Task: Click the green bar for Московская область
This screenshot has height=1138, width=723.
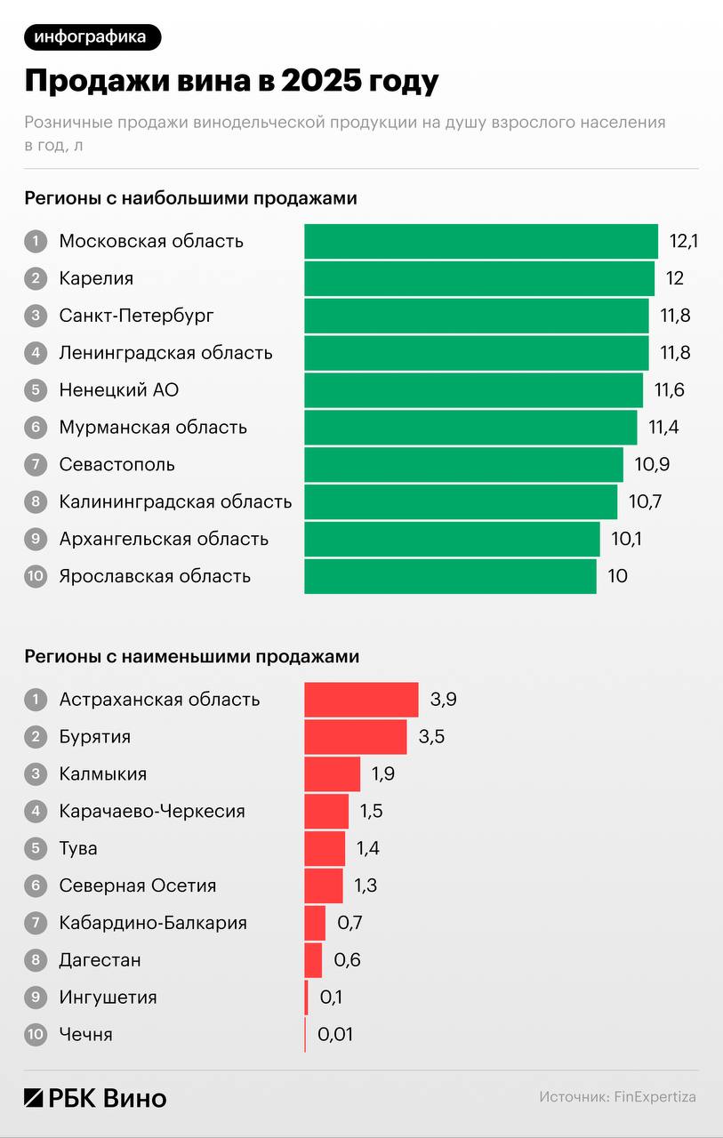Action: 480,241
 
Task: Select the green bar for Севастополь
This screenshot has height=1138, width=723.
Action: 463,464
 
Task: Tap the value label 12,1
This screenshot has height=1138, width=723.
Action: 683,241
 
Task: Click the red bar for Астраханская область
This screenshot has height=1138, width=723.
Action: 361,700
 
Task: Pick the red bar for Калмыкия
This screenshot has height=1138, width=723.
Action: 332,774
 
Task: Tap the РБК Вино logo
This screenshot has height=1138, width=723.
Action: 95,1098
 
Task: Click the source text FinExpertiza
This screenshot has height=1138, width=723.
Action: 655,1097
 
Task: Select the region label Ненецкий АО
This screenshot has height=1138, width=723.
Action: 119,389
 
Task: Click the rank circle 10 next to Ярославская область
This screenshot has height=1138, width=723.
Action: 36,576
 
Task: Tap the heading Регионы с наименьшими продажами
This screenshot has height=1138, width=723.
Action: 191,657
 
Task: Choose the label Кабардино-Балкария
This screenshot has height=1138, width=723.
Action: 153,923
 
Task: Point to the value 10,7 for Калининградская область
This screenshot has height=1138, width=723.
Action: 645,501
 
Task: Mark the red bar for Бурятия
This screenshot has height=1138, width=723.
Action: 355,737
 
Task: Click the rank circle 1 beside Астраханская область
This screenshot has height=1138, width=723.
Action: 36,700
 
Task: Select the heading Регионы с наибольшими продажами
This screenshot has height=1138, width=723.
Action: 190,198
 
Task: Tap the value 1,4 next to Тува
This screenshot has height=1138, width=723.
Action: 367,849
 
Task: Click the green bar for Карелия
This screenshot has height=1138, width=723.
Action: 478,278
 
